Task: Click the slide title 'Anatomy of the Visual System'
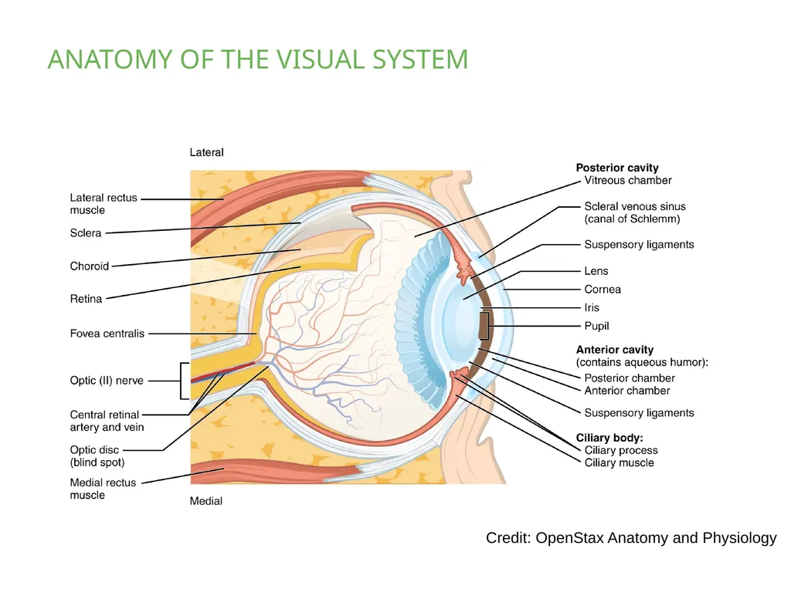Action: coord(258,59)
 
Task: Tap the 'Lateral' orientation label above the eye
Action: coord(206,152)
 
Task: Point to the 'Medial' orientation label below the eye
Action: coord(205,500)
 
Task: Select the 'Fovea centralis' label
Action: coord(107,334)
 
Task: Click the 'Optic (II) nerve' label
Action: coord(107,380)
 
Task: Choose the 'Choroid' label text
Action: coord(90,266)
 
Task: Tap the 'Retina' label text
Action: coord(86,299)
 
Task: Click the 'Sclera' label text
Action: coord(85,232)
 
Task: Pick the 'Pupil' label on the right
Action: coord(596,326)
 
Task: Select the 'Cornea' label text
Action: coord(603,289)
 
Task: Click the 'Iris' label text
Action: coord(591,307)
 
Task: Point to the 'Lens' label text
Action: coord(596,271)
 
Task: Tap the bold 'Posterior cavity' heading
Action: coord(617,168)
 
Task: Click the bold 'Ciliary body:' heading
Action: coord(609,438)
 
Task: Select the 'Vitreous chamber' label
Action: coord(628,180)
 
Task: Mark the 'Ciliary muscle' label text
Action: coord(619,463)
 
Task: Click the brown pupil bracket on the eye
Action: coord(484,326)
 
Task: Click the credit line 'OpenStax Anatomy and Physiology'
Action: coord(656,537)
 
